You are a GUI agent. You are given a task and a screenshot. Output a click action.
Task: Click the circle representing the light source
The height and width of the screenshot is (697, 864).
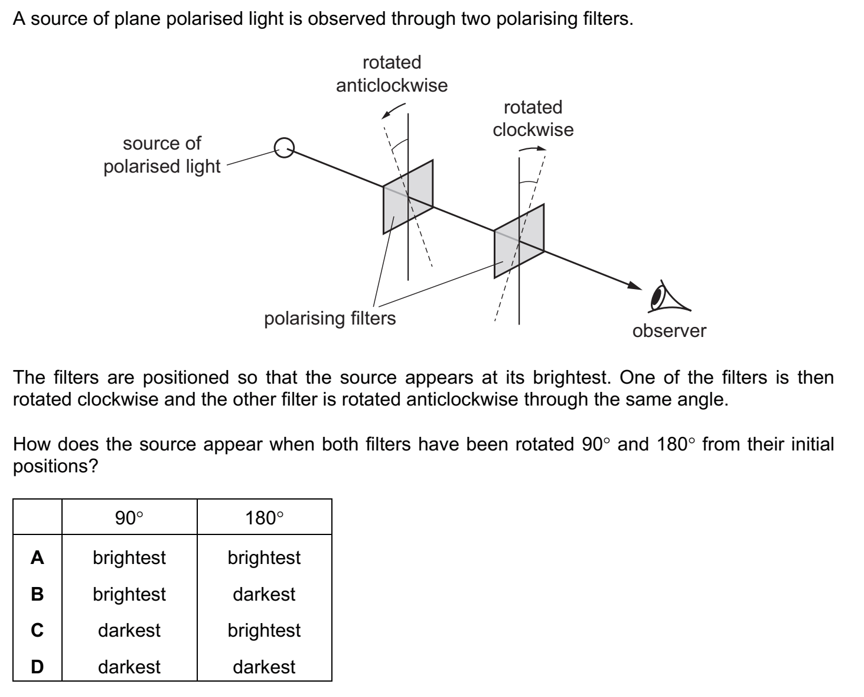pos(285,148)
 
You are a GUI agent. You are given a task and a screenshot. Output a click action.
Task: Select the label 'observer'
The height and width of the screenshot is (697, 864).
pos(669,330)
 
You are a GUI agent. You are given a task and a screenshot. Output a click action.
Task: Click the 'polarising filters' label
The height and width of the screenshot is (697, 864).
pos(330,319)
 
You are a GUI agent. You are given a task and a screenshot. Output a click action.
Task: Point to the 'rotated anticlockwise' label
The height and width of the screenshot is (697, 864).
pos(392,74)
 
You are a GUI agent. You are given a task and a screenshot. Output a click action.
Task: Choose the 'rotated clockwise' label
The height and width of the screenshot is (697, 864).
pos(533,118)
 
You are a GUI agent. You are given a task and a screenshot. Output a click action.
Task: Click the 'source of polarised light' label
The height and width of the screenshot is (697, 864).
pos(161,155)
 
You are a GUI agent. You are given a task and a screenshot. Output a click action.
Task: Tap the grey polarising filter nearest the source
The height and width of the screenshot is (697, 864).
pos(408,196)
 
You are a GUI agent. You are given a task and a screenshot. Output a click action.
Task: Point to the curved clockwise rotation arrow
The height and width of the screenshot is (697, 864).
pos(532,148)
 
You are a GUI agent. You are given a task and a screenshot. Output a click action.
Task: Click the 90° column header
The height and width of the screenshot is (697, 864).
pos(129,518)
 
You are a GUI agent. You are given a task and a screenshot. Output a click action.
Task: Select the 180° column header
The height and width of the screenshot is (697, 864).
pos(264,518)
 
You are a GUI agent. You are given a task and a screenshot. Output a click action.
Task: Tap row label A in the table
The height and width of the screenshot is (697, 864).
pos(37,557)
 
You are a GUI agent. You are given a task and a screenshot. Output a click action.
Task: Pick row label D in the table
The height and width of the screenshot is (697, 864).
pos(37,667)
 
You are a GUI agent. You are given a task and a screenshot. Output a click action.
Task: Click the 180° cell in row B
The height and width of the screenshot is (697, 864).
pos(264,594)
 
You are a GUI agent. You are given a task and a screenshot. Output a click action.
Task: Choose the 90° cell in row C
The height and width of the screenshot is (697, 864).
pos(129,630)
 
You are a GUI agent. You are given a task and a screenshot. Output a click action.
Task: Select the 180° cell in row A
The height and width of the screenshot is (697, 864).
pos(264,557)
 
